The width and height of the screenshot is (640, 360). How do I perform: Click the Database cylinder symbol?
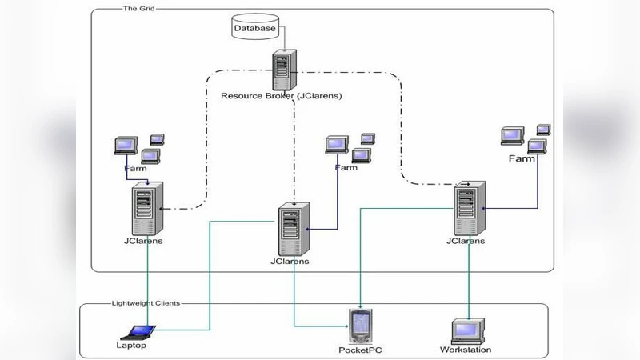pos(254,28)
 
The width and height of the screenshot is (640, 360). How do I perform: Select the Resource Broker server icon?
pos(282,70)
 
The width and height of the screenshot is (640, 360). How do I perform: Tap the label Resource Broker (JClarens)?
pos(281,96)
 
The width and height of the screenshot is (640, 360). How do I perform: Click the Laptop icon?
pos(137,331)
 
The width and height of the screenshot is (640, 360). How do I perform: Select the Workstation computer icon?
pos(466,330)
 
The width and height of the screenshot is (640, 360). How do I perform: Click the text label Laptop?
pos(131,346)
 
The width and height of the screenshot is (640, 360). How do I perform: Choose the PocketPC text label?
pos(358,350)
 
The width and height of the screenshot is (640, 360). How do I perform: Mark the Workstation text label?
pos(466,350)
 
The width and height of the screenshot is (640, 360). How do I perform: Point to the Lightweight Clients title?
pos(145,303)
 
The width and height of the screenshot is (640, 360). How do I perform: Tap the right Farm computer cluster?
pos(526,138)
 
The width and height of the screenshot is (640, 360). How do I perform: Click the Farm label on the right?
pos(522,158)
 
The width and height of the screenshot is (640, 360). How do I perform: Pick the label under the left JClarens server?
pos(144,241)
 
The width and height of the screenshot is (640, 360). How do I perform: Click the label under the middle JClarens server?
pos(290,261)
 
